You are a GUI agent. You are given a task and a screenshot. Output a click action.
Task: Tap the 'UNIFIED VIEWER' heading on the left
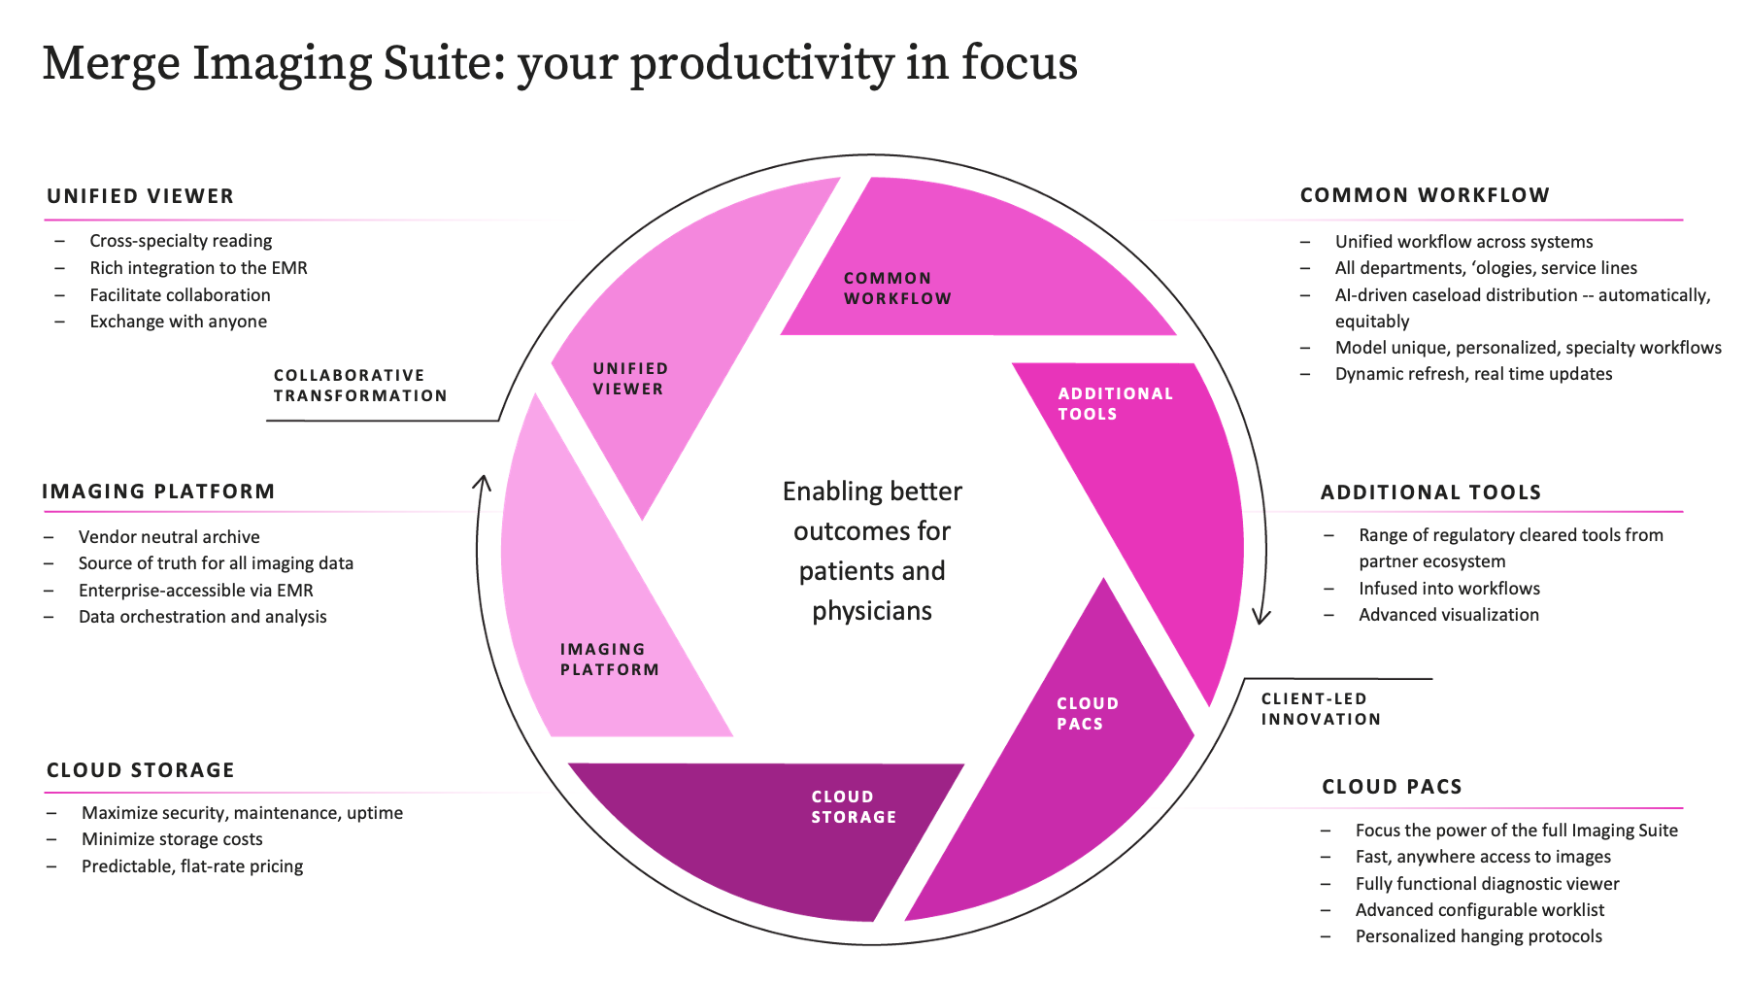(x=141, y=196)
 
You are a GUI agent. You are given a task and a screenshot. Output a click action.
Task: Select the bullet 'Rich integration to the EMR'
(x=198, y=268)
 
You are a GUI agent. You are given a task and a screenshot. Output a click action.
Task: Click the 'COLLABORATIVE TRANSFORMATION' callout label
(x=360, y=386)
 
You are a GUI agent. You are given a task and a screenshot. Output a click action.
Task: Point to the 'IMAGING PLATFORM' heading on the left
(x=158, y=492)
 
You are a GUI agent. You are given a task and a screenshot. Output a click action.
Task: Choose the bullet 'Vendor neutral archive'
(x=169, y=537)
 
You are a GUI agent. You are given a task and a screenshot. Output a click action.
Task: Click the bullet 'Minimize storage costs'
(x=172, y=839)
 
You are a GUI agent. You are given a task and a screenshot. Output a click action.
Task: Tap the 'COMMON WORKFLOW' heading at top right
(x=1425, y=195)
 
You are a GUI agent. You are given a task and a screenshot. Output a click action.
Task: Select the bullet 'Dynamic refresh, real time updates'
(x=1473, y=374)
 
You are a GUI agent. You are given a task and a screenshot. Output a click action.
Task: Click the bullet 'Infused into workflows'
(x=1449, y=589)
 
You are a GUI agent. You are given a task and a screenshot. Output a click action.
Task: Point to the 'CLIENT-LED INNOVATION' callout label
(x=1321, y=709)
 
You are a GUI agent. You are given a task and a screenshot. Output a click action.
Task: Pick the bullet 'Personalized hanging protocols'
(x=1479, y=936)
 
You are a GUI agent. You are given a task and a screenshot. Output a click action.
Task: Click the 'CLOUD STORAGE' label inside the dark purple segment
(x=854, y=807)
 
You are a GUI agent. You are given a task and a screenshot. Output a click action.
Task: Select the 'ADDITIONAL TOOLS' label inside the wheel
(x=1116, y=404)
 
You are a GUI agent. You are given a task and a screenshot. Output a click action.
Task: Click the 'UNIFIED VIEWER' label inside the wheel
(x=630, y=379)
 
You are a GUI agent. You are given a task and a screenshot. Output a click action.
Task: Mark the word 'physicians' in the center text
(x=872, y=612)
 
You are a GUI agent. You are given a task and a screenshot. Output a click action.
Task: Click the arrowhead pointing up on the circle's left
(x=482, y=482)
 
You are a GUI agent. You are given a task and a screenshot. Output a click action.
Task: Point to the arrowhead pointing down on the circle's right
(x=1261, y=617)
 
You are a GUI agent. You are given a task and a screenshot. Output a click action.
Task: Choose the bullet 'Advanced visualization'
(x=1449, y=615)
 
